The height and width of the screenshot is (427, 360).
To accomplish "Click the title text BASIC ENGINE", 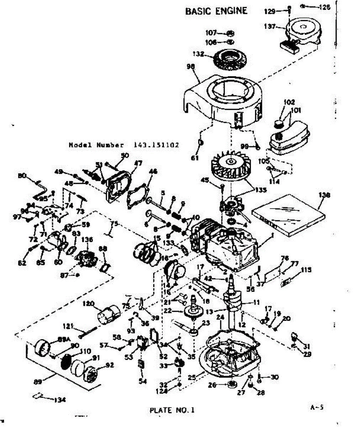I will pos(216,11).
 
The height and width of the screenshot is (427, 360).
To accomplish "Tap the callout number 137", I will pos(270,27).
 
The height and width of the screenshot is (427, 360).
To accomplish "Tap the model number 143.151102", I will pos(156,145).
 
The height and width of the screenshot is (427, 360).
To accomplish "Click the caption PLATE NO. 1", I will pos(172,410).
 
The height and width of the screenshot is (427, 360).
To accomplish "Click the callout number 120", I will pos(88,304).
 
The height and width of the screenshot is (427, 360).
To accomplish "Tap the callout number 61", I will pos(195,158).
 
